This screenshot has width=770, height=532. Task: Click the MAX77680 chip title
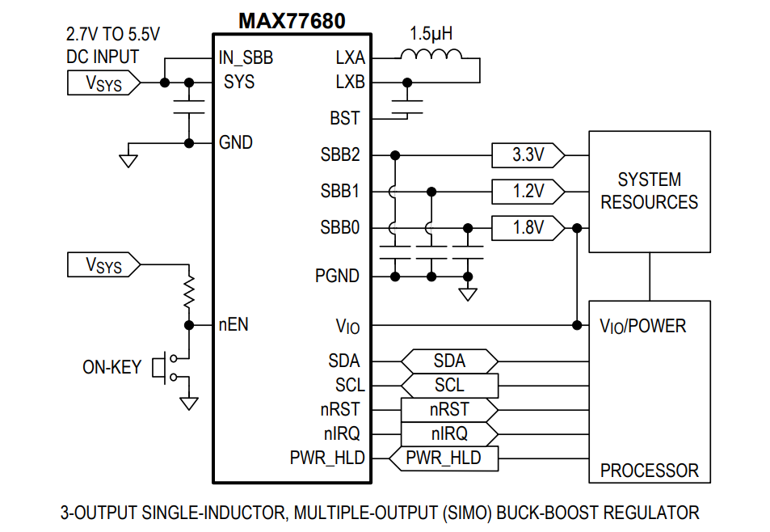pyautogui.click(x=292, y=21)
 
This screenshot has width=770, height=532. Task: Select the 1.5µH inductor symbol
pyautogui.click(x=431, y=55)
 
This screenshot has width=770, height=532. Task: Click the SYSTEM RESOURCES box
pyautogui.click(x=650, y=191)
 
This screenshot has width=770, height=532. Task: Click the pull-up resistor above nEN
pyautogui.click(x=189, y=293)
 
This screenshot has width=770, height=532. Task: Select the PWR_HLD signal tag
pyautogui.click(x=443, y=458)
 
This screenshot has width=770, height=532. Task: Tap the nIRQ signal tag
pyautogui.click(x=448, y=434)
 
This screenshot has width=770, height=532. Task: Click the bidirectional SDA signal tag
pyautogui.click(x=449, y=361)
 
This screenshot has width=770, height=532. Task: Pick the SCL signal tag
pyautogui.click(x=449, y=385)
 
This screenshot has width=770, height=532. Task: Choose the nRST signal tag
pyautogui.click(x=449, y=409)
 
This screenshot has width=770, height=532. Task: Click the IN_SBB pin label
pyautogui.click(x=246, y=58)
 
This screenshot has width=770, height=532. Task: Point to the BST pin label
pyautogui.click(x=345, y=118)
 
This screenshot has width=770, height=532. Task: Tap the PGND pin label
pyautogui.click(x=337, y=277)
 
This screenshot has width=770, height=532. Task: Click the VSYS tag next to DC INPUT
pyautogui.click(x=103, y=82)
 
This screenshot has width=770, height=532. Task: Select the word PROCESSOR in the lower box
pyautogui.click(x=650, y=471)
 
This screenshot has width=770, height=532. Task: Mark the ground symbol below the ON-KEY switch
pyautogui.click(x=189, y=403)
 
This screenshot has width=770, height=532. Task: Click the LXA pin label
pyautogui.click(x=350, y=58)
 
